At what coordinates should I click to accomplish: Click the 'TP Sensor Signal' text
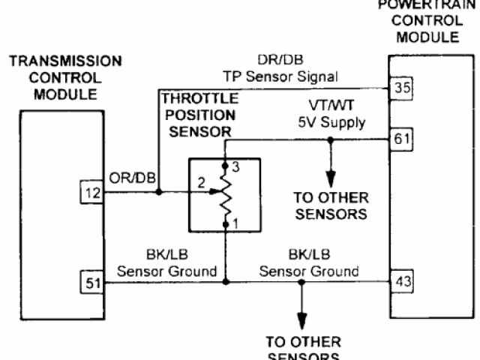(280, 76)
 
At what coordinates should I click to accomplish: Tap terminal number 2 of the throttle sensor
(200, 182)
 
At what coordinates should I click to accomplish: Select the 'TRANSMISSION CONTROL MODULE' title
(65, 77)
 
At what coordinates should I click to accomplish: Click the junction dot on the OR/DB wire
(160, 193)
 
